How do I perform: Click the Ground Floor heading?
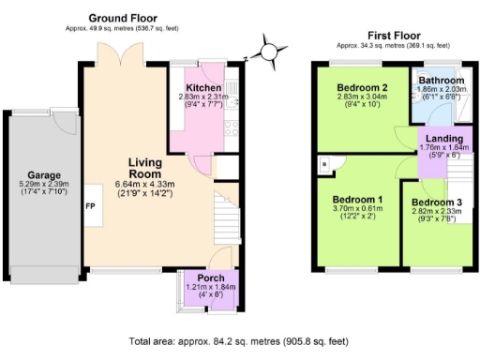coord(136,18)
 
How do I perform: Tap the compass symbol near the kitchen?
coord(270,51)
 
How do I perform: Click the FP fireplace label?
coord(92,205)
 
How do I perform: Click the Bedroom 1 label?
coord(356,200)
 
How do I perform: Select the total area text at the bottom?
coord(240,341)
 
